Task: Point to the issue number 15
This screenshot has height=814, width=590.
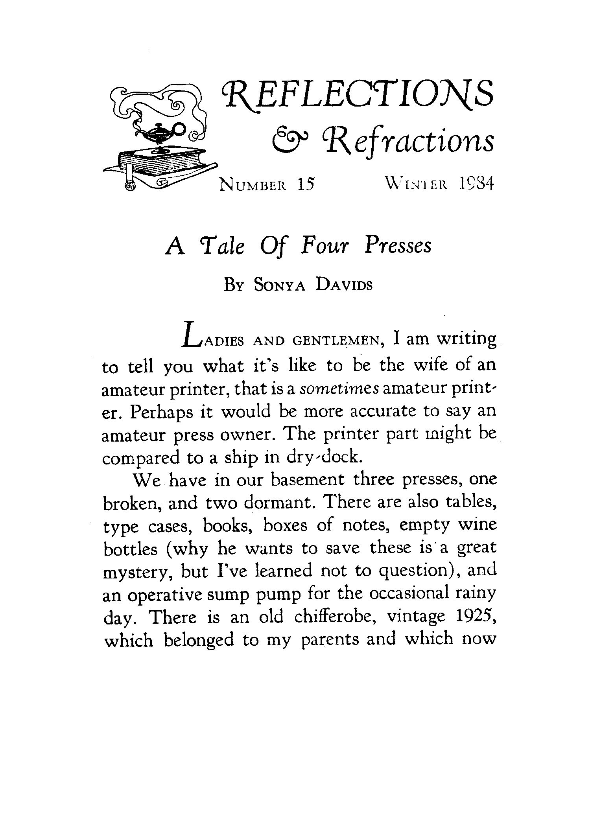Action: coord(306,184)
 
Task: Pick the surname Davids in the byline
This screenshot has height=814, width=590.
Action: coord(344,285)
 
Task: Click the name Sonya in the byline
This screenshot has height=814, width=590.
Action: coord(280,285)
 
